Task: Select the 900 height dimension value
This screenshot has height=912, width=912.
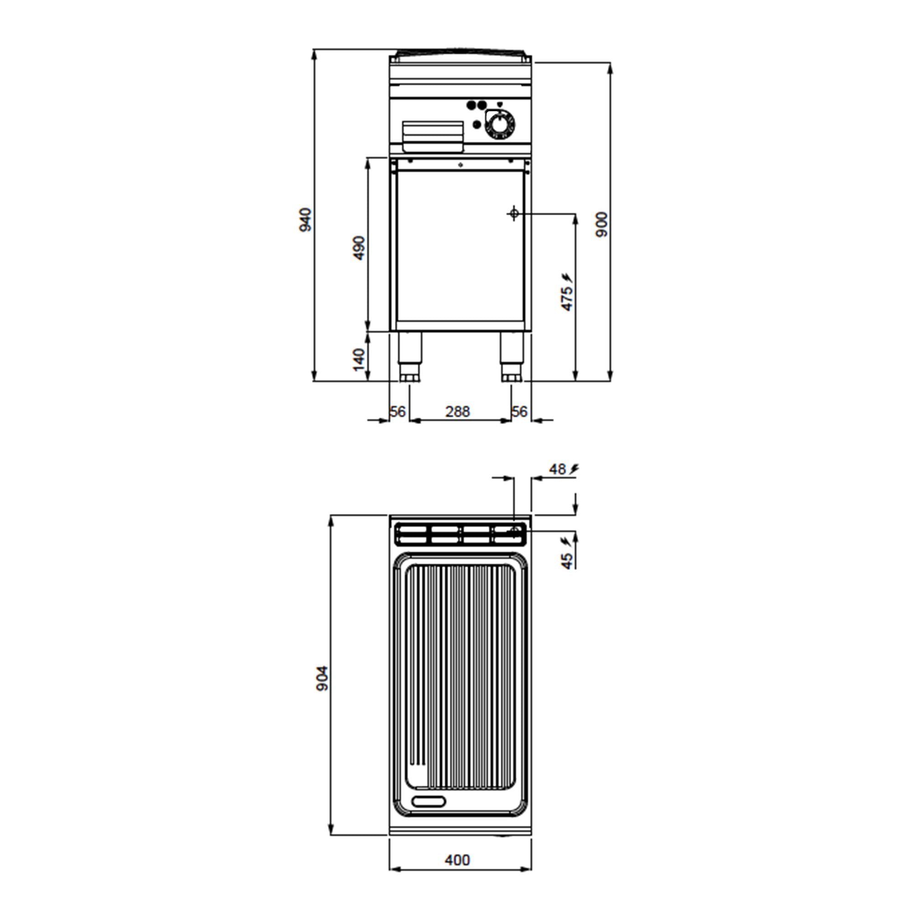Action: pyautogui.click(x=602, y=224)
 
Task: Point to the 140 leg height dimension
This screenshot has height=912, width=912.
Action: pyautogui.click(x=359, y=360)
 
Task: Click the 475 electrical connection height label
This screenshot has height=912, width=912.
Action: pyautogui.click(x=566, y=298)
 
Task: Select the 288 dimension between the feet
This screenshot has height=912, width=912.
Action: pyautogui.click(x=457, y=412)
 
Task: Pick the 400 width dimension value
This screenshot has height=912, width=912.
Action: pyautogui.click(x=457, y=860)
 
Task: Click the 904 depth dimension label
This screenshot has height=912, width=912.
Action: pyautogui.click(x=322, y=679)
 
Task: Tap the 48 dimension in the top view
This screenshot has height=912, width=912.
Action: pyautogui.click(x=558, y=469)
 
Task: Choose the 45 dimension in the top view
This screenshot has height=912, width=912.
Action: pyautogui.click(x=566, y=561)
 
